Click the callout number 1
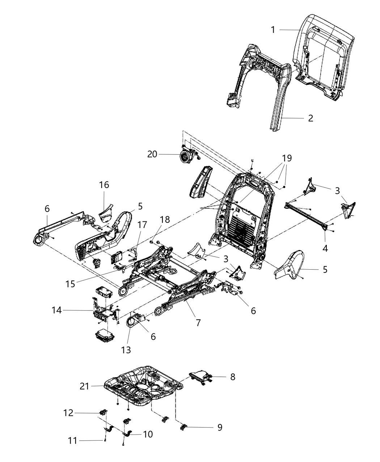click(x=273, y=30)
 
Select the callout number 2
click(x=310, y=118)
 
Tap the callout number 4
click(x=325, y=248)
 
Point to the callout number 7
click(x=198, y=322)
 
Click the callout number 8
click(x=232, y=377)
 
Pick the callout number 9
click(x=220, y=428)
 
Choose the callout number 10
click(x=148, y=434)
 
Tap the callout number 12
click(x=68, y=413)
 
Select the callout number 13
click(x=126, y=350)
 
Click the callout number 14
click(x=57, y=310)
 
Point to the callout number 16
click(x=104, y=185)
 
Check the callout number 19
click(x=287, y=158)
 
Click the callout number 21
click(x=84, y=387)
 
